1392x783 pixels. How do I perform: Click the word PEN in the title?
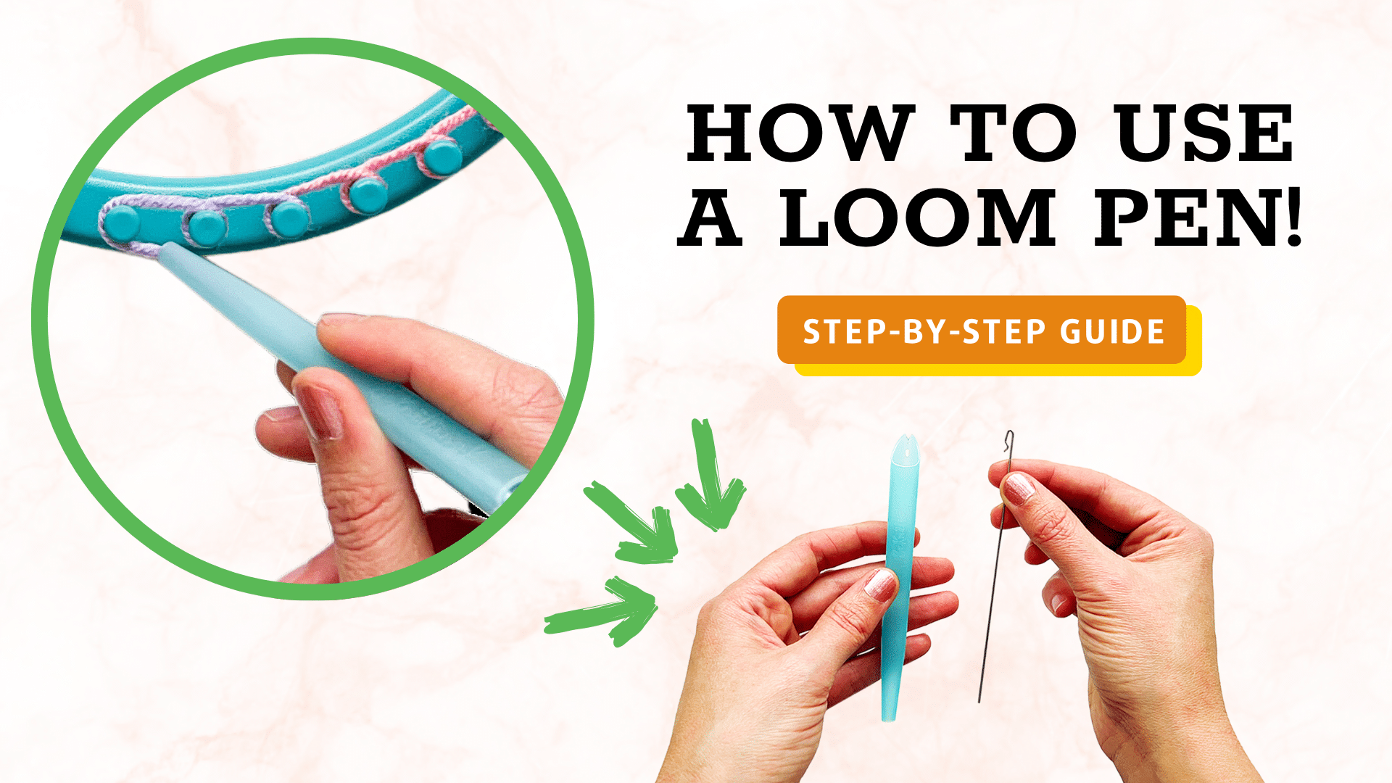click(x=1183, y=217)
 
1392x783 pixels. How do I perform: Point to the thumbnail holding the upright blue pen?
click(x=880, y=584)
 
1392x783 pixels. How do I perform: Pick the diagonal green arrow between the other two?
click(x=634, y=522)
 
